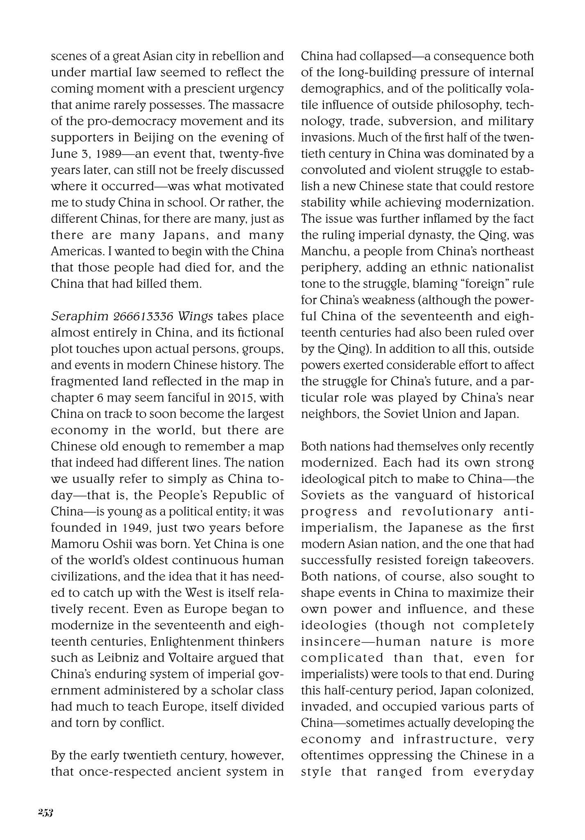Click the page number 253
tap(45, 813)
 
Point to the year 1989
tap(98, 154)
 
